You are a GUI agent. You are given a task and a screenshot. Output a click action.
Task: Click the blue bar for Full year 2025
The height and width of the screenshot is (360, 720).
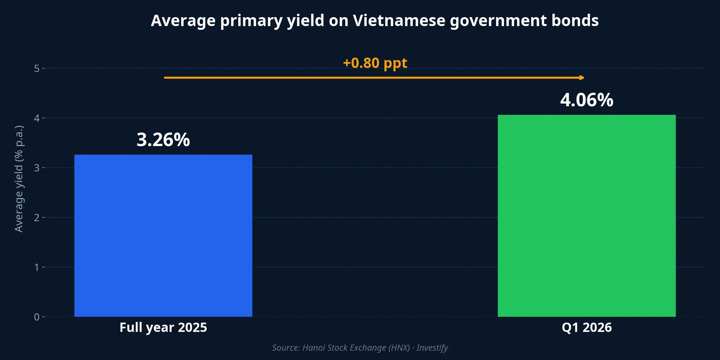163,236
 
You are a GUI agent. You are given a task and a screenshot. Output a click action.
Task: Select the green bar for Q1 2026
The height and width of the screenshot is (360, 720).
587,216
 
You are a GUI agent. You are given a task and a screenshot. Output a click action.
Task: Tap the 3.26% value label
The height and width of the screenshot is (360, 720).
163,140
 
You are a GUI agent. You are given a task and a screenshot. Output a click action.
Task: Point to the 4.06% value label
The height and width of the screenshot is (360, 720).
587,100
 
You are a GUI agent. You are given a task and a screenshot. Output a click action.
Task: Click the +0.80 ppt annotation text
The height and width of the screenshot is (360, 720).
375,63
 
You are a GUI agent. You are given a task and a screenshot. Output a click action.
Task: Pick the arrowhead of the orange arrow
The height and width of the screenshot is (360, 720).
581,78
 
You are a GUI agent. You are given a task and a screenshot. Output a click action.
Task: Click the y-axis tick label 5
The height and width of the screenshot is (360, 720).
37,69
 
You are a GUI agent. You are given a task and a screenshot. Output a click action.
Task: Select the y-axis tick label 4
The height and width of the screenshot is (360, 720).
37,118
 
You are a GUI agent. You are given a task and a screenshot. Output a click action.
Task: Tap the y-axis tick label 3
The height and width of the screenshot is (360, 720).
37,168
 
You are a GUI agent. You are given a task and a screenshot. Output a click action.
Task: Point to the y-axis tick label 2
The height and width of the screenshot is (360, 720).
37,218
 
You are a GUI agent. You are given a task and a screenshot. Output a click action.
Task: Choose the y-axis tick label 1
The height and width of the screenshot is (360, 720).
37,267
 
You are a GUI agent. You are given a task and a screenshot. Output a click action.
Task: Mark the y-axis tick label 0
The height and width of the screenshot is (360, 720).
37,317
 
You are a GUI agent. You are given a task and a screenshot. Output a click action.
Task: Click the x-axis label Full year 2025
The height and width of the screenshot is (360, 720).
163,327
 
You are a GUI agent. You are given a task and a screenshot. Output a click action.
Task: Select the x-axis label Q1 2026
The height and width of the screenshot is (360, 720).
587,327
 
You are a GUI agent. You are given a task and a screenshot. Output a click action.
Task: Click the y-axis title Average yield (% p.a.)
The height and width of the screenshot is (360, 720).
19,179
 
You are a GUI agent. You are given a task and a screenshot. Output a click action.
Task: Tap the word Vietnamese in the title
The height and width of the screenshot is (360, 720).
399,21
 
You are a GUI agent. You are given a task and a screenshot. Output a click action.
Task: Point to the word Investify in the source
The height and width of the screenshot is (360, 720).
432,348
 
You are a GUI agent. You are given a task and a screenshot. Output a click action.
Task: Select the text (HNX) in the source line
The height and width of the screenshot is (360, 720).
399,348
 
